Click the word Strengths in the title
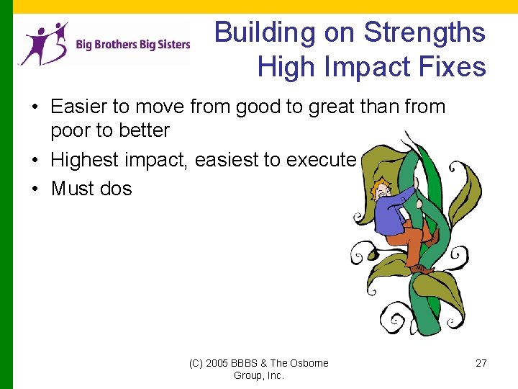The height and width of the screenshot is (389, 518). point(424,33)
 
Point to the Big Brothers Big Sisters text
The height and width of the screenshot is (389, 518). point(133,44)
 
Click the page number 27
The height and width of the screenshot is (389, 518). point(481,363)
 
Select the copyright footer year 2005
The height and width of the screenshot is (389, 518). point(219,363)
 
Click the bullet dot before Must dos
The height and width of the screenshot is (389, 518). point(35,189)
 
